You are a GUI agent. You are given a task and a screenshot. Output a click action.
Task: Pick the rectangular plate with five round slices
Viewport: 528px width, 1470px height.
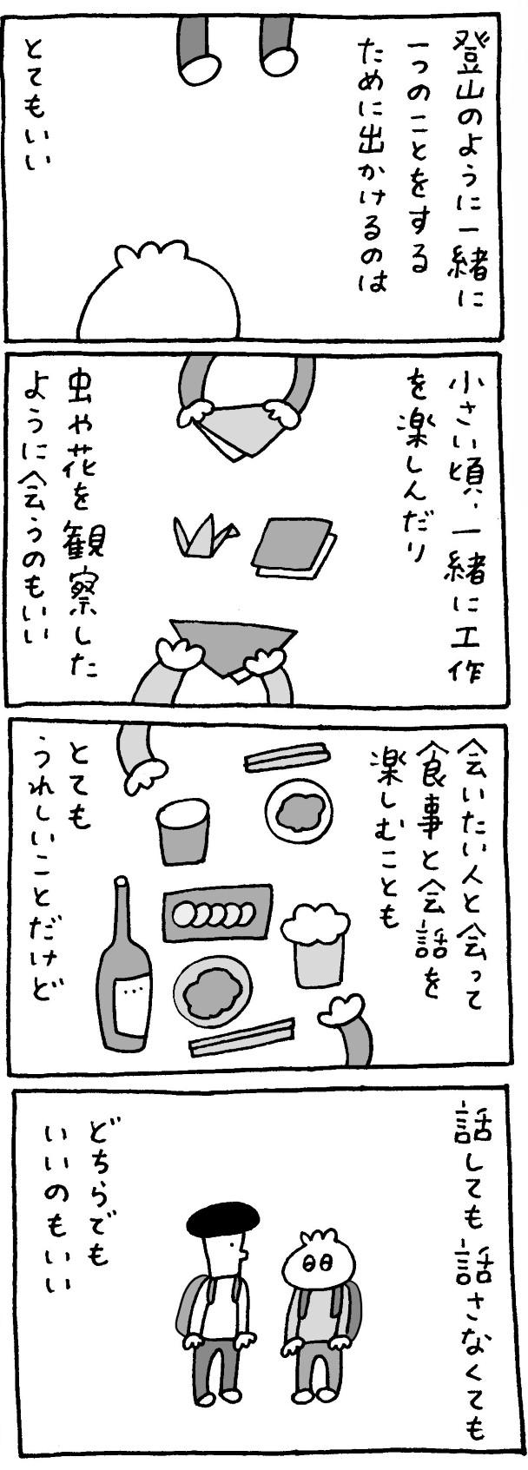pyautogui.click(x=218, y=913)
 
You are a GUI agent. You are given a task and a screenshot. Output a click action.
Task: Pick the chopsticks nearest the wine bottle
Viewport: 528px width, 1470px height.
pyautogui.click(x=241, y=1038)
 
